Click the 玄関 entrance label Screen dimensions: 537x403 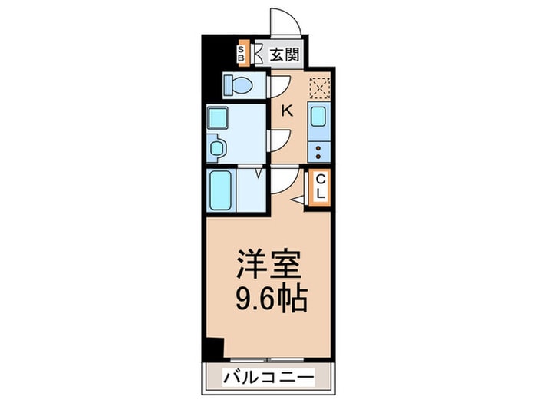pos(284,55)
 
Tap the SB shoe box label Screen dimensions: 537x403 pos(241,54)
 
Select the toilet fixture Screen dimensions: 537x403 pos(237,84)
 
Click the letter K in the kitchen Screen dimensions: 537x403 pos(287,111)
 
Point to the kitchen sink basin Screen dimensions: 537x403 pos(318,117)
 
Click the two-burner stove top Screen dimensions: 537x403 pos(318,153)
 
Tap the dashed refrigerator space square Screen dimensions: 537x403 pos(319,88)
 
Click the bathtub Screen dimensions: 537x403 pos(220,190)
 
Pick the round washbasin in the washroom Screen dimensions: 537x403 pos(217,148)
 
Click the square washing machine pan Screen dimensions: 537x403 pos(217,117)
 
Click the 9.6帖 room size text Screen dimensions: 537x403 pos(272,298)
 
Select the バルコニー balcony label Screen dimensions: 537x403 pos(268,378)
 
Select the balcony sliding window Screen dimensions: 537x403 pos(267,360)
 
